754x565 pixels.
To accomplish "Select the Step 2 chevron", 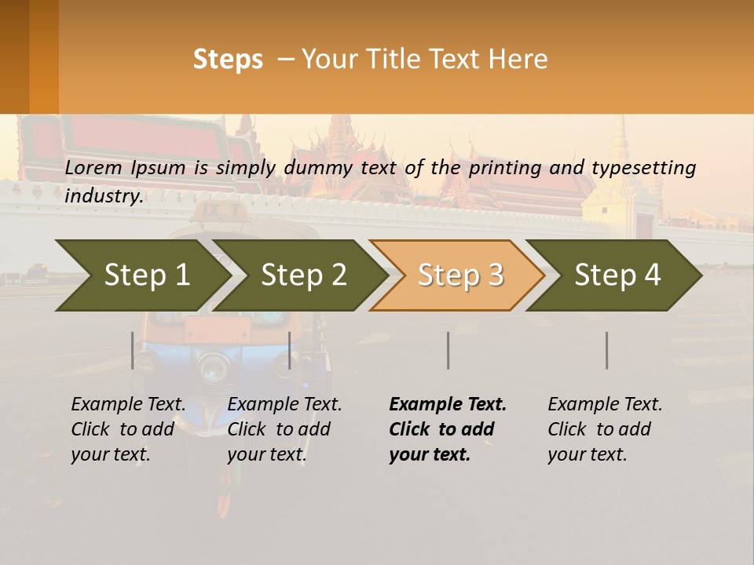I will click(x=302, y=275).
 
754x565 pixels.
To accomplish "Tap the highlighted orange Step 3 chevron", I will click(x=459, y=275).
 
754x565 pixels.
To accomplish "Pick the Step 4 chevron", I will click(x=617, y=275).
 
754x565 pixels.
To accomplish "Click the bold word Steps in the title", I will click(x=228, y=60).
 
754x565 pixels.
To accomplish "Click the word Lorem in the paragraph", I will click(x=93, y=167).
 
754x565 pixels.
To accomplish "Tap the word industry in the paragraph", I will click(x=103, y=195).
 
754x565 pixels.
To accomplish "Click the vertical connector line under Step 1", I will click(x=133, y=350).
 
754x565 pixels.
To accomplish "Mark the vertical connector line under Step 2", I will click(x=290, y=350).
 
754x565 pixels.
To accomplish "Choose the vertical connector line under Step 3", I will click(x=448, y=350).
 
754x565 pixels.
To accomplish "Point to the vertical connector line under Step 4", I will click(x=607, y=350).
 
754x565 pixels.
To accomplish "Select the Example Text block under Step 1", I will click(x=128, y=429).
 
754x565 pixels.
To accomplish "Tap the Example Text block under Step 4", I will click(x=605, y=429).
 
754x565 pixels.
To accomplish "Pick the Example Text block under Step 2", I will click(x=284, y=429).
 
